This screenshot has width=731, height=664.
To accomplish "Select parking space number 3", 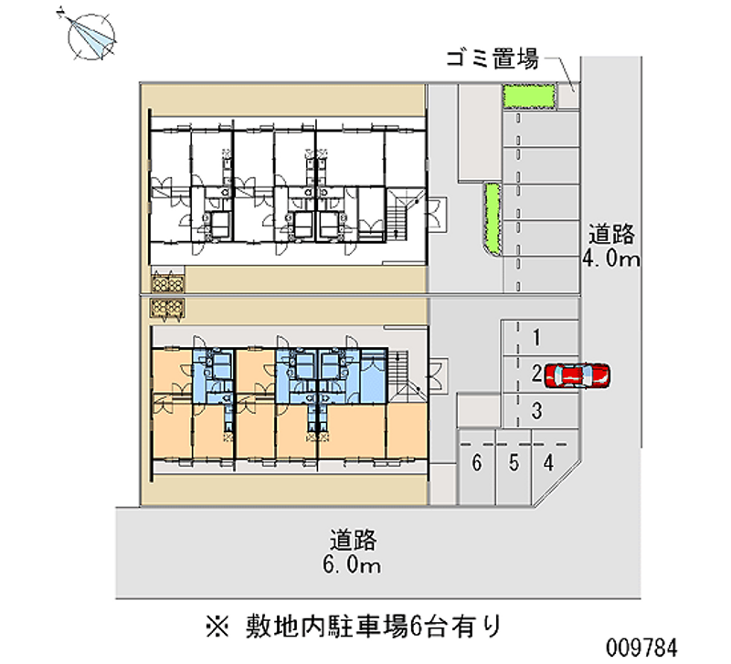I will (538, 410).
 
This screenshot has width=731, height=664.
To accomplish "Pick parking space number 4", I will (547, 463).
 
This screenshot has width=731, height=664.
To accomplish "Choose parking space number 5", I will (514, 463).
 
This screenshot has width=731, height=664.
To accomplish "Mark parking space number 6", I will (476, 463).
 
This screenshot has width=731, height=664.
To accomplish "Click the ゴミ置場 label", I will (489, 60).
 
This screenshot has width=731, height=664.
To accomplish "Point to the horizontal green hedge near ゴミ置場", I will (529, 97).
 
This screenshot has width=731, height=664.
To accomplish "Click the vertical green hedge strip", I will (493, 218).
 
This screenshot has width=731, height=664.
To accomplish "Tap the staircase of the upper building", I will (399, 216).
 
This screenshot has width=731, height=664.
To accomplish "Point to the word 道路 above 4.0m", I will (611, 235).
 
